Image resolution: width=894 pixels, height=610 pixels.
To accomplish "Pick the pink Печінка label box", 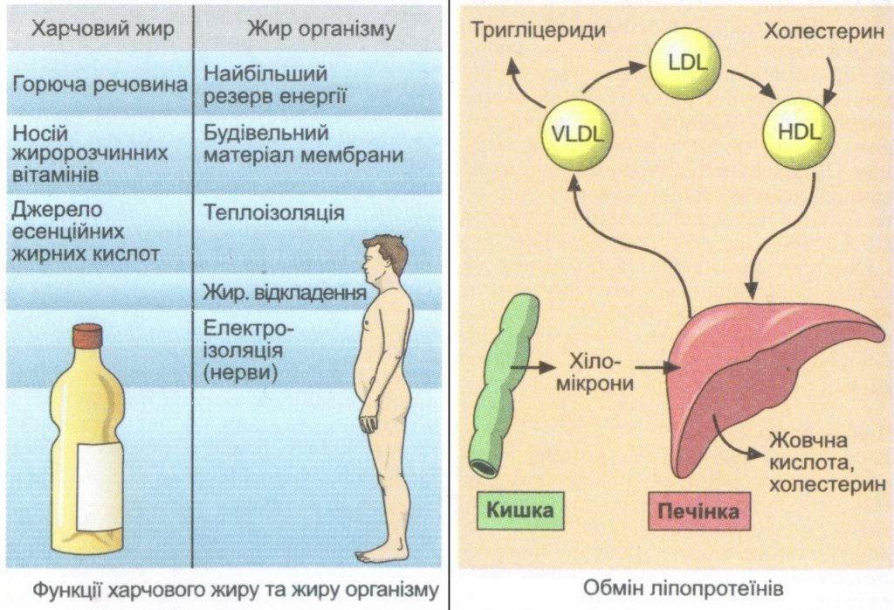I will click(697, 510).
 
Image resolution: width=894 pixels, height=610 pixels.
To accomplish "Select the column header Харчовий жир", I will click(102, 29).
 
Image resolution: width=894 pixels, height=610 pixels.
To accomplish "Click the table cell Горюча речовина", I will click(101, 85).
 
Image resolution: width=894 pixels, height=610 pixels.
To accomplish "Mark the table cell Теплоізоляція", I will click(273, 212).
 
